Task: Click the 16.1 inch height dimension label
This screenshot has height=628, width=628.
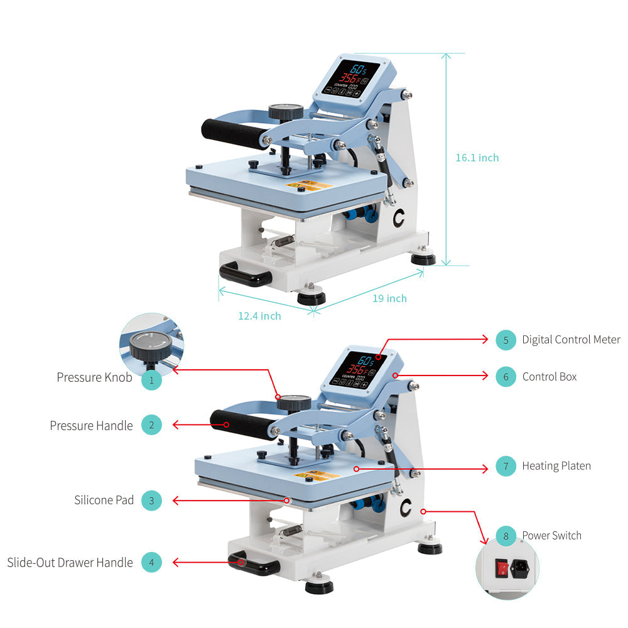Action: (x=477, y=158)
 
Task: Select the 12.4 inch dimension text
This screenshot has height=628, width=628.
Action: (x=259, y=316)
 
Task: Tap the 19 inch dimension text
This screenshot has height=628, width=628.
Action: (x=389, y=298)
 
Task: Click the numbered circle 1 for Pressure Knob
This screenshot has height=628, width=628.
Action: (x=151, y=380)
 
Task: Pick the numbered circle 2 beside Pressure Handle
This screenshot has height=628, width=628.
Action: (x=151, y=425)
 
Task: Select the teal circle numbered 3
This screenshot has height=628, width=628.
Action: (x=151, y=501)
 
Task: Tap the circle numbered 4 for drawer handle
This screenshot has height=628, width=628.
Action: (x=151, y=562)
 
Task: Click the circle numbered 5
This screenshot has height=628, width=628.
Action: (x=506, y=340)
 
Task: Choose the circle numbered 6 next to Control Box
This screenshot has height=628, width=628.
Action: (x=506, y=376)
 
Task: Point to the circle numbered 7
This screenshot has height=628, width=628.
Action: (x=506, y=466)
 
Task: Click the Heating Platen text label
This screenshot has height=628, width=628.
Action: (x=556, y=466)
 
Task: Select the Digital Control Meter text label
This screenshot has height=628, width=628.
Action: (x=571, y=340)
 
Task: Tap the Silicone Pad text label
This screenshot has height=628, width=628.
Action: (x=104, y=501)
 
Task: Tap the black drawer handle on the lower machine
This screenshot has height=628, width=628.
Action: (x=254, y=563)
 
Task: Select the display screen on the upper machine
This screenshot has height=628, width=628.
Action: (x=351, y=78)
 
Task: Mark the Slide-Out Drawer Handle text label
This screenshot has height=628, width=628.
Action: (x=70, y=562)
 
